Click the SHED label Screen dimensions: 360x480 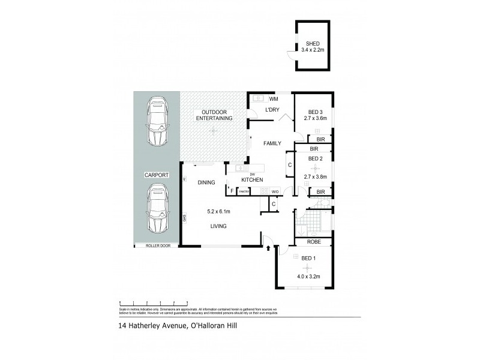[x=313, y=44]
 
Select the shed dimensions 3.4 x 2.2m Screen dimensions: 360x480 [x=313, y=50]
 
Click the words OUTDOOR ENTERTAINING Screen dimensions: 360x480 [x=217, y=116]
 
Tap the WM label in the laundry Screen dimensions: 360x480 [x=274, y=98]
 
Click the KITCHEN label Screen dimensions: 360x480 [x=253, y=180]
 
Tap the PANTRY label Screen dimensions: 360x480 [x=244, y=191]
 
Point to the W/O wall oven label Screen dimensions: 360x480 [x=275, y=191]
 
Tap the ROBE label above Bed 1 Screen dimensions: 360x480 [x=313, y=243]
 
